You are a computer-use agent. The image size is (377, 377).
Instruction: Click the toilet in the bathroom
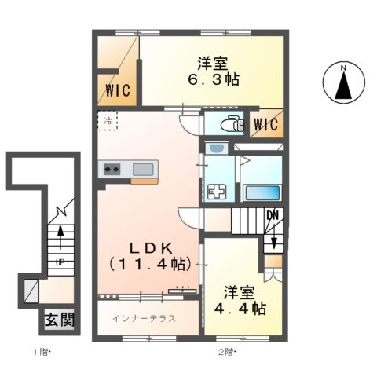232,123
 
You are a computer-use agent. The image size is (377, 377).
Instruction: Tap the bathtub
262,193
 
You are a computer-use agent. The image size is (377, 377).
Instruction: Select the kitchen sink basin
143,169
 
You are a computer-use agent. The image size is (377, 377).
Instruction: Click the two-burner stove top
112,169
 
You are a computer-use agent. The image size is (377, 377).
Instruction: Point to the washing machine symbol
217,192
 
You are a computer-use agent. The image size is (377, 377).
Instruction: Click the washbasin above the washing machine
216,148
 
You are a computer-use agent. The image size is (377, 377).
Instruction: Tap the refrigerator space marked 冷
108,121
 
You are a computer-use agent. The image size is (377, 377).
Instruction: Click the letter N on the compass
343,68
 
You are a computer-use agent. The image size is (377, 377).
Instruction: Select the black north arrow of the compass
343,86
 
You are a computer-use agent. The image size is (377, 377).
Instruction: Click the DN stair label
273,216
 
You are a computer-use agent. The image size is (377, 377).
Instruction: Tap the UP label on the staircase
60,262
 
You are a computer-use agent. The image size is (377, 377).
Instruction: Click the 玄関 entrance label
60,320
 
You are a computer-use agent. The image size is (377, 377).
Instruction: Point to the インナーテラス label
144,318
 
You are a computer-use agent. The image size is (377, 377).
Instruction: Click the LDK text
152,248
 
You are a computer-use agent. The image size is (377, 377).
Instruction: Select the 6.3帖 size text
213,79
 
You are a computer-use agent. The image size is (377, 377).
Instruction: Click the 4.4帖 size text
240,309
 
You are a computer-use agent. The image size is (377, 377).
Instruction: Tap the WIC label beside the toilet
266,124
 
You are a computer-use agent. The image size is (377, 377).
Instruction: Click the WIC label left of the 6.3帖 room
118,90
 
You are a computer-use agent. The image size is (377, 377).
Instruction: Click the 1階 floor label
42,352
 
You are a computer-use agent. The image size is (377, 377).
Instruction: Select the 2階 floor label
227,352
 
